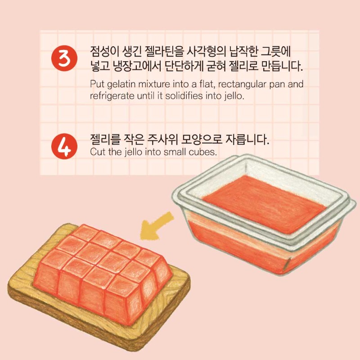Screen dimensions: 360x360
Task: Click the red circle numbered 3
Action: click(64, 58)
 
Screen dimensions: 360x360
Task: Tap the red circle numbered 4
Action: click(64, 146)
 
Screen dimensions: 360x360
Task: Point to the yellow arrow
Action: click(156, 226)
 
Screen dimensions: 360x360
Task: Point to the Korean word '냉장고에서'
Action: click(137, 66)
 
